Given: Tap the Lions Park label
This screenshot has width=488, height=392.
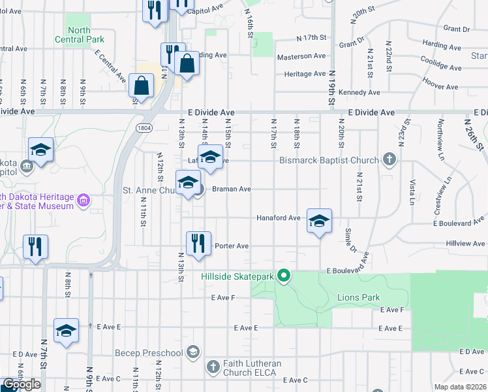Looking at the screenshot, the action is tap(358, 297).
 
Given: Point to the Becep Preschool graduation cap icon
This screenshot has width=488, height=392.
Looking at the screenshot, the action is tap(192, 353).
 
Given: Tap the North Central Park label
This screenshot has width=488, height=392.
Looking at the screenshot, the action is tap(85, 35).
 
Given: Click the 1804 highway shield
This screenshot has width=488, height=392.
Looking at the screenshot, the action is tap(145, 128).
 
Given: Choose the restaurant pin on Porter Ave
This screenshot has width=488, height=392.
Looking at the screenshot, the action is tap(198, 243).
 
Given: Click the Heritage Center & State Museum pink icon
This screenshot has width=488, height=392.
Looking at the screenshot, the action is tap(84, 201).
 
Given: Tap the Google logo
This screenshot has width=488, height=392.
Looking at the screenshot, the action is tap(22, 384).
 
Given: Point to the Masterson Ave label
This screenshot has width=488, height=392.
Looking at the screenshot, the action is tap(301, 56).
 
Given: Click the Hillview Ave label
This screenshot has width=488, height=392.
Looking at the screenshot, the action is tap(465, 243).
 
